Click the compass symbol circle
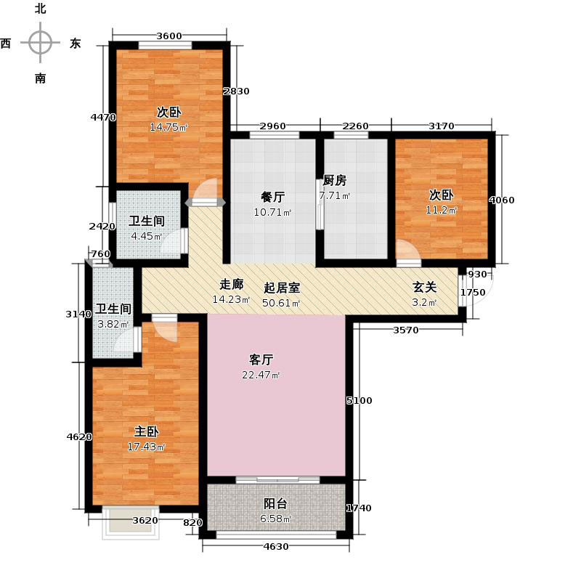coord(40,42)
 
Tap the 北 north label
coord(40,9)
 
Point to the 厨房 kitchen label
coord(334,181)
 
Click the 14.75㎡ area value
coord(168,128)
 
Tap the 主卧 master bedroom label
coord(147,431)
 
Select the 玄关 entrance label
coord(424,287)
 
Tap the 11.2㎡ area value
coord(441,211)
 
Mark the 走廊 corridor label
coord(232,285)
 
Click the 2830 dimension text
coord(236,92)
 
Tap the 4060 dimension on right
coord(502,200)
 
